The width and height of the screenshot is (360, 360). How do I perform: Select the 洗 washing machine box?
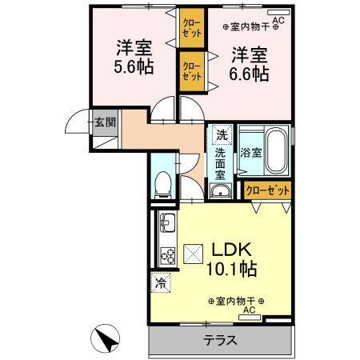221,134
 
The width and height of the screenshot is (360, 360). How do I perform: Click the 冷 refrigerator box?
161,282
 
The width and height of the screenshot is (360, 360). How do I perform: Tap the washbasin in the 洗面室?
220,190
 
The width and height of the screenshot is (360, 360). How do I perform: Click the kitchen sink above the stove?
168,221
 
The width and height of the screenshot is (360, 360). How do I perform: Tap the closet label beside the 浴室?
267,190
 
